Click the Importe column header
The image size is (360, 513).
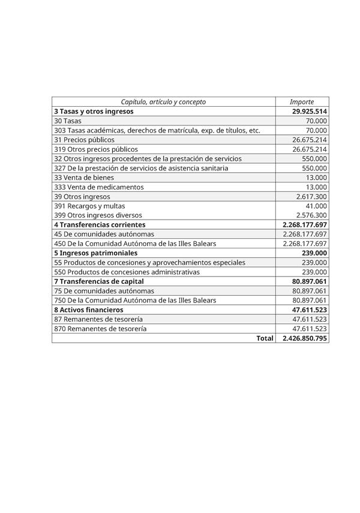(x=301, y=102)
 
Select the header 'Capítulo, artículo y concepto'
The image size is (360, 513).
(x=163, y=102)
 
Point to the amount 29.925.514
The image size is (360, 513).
(x=309, y=112)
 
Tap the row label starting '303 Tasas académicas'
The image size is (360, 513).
(x=157, y=130)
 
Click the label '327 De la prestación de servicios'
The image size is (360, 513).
(x=141, y=168)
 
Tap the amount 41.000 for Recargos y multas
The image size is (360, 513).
(x=316, y=206)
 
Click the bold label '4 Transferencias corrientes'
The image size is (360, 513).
(x=100, y=224)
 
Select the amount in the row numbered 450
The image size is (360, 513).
(x=305, y=244)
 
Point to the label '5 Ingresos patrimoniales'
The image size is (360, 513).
(x=95, y=253)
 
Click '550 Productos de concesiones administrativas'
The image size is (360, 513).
(x=127, y=272)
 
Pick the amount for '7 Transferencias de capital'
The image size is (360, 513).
(x=309, y=281)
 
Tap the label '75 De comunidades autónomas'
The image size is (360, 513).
(x=104, y=291)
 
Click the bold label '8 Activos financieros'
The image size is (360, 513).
(x=89, y=310)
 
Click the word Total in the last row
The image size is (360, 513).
(x=265, y=338)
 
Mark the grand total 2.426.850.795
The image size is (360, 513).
(x=305, y=338)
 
